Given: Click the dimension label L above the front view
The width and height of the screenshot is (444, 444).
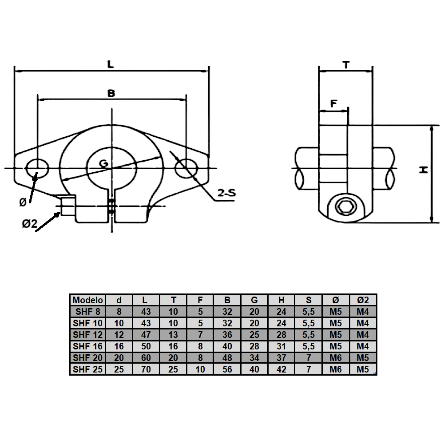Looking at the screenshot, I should click(x=111, y=63).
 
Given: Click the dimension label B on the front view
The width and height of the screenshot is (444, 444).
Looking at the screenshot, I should click(x=111, y=93).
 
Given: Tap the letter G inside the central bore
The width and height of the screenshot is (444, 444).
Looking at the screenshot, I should click(x=103, y=163).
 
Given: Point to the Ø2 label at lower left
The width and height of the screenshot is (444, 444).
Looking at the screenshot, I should click(x=29, y=224).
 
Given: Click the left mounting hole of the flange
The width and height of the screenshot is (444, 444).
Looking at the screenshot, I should click(x=37, y=168).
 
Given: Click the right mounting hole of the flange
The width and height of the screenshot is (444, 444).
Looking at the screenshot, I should click(x=186, y=168).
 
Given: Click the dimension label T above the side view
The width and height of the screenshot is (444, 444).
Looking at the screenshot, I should click(x=346, y=65).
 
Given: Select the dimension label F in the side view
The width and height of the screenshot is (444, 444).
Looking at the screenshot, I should click(x=334, y=104).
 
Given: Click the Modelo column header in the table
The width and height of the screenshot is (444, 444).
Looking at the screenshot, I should click(x=87, y=300).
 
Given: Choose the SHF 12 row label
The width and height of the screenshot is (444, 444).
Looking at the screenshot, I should click(x=87, y=334).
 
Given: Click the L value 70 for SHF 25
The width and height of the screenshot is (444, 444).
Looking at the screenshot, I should click(x=146, y=369).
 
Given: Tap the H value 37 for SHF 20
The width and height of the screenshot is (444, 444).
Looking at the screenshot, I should click(x=281, y=357).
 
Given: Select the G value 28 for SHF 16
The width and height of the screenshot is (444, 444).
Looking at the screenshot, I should click(x=254, y=346).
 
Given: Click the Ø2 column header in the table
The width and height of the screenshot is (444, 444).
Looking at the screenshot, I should click(x=363, y=300).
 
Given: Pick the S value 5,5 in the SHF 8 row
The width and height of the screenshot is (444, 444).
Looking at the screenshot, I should click(x=309, y=311).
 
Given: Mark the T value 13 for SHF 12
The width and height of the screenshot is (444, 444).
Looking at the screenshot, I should click(x=173, y=334).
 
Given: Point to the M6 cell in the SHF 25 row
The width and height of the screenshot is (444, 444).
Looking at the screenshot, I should click(x=336, y=369).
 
